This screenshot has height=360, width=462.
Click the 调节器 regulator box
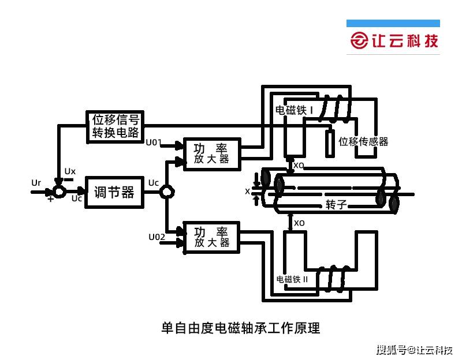click(114, 192)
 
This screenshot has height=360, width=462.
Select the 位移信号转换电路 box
click(116, 126)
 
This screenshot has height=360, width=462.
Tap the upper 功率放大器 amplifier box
click(211, 153)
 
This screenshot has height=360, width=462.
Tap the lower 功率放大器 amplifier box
click(211, 237)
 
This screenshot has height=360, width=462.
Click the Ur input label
click(36, 183)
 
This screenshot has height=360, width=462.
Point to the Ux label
click(70, 171)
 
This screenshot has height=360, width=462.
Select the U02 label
click(157, 237)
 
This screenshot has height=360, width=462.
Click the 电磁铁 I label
click(294, 110)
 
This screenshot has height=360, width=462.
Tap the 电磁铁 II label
click(292, 279)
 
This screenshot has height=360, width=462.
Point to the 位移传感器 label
click(363, 141)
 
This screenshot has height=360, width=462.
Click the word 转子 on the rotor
click(336, 204)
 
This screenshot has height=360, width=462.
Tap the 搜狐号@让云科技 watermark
click(414, 350)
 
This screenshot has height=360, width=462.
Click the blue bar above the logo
click(393, 24)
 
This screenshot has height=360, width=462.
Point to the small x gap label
click(247, 191)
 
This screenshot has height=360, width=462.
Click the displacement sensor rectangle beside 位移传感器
click(329, 143)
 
